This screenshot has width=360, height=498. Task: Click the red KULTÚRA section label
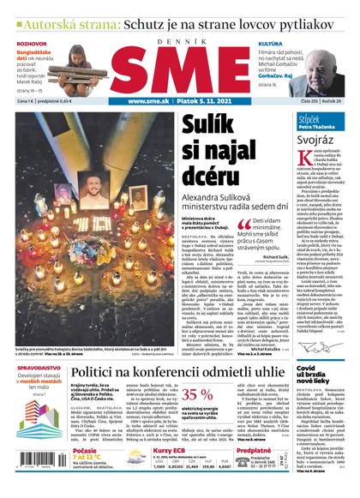click(x=271, y=42)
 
